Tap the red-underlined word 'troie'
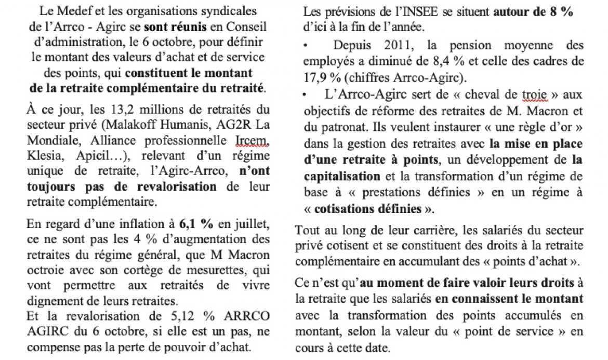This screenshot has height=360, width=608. point(520,96)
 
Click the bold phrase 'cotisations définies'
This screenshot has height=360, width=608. point(364,209)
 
